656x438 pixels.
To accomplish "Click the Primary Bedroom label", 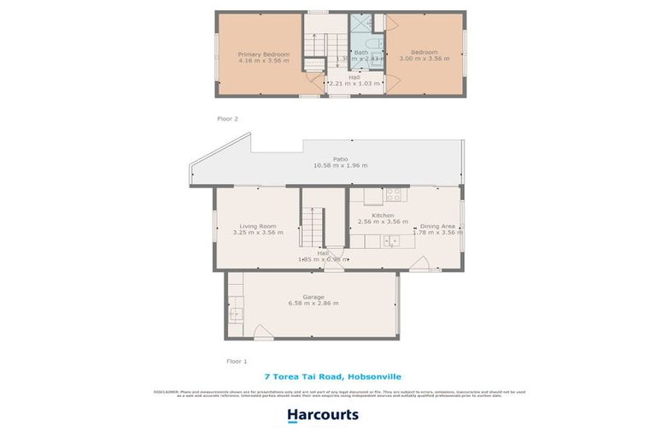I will [x=263, y=55].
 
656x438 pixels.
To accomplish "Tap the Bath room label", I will [x=360, y=51].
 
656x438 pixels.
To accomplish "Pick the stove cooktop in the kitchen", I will [x=393, y=194].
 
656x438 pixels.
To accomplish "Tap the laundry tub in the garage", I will [x=237, y=313].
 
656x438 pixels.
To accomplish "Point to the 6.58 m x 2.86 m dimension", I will [x=314, y=304].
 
